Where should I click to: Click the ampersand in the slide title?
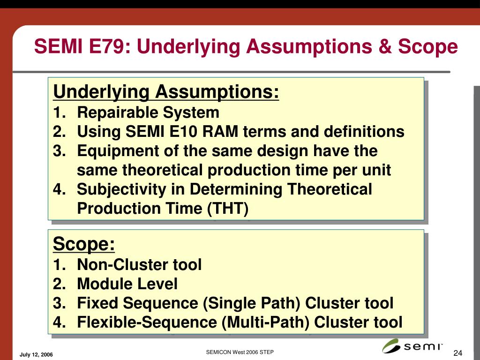(385, 46)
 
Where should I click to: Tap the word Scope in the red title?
(428, 46)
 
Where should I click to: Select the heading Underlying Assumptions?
(166, 92)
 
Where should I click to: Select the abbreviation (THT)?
(228, 209)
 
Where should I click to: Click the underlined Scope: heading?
(84, 244)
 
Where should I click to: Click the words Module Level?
(127, 284)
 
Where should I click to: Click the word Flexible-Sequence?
(147, 322)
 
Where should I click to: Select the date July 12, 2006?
(36, 354)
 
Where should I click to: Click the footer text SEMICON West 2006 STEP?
(240, 352)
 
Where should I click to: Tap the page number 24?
(457, 353)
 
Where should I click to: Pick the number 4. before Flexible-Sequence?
(60, 322)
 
